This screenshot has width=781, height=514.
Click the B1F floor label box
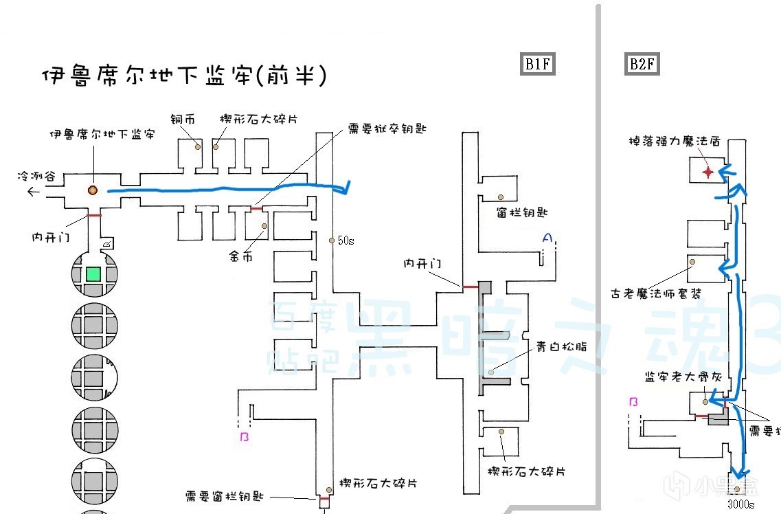point(537,64)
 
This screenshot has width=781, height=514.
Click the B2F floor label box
point(642,64)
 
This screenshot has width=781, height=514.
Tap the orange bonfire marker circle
point(91,190)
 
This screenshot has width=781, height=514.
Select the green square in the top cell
point(94,274)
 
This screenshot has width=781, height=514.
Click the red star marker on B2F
point(708,171)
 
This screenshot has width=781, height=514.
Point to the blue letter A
point(547,238)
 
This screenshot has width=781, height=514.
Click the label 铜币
point(183,120)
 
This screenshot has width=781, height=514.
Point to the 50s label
point(346,241)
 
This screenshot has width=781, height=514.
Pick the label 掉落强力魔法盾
point(674,142)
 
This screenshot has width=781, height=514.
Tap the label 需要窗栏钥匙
point(224,496)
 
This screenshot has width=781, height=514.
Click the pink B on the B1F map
point(243,437)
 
